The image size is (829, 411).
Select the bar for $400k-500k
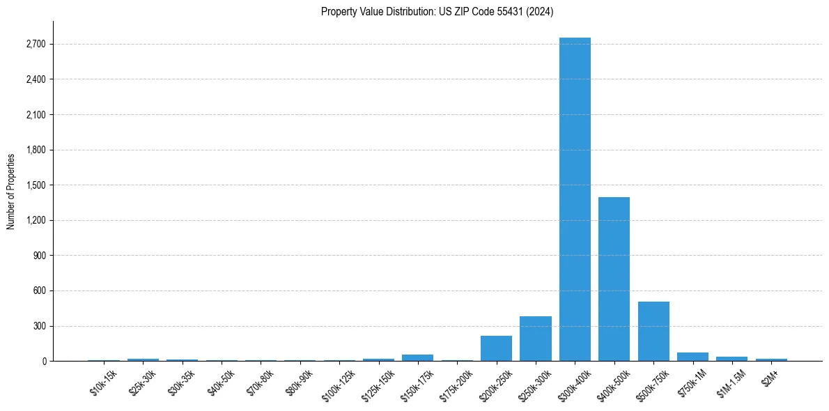(614, 279)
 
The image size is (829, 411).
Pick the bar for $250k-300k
(535, 339)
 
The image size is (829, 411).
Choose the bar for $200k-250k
(496, 348)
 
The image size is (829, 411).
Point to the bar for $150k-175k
(417, 357)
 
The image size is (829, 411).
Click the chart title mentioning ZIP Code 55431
(437, 11)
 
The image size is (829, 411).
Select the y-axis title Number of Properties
(11, 191)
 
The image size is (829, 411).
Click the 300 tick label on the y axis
(39, 326)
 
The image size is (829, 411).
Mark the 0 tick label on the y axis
(43, 361)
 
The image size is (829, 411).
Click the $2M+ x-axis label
(770, 376)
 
